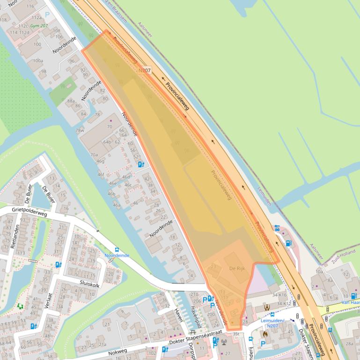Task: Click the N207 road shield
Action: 145,70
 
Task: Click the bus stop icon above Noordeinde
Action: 117,250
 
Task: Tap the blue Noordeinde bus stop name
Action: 116,256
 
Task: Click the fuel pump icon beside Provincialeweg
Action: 288,243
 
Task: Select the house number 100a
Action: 38,61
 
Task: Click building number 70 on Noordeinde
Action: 110,126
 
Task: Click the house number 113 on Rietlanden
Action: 21,253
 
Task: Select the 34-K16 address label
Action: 279,295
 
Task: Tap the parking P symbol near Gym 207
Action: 47,15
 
